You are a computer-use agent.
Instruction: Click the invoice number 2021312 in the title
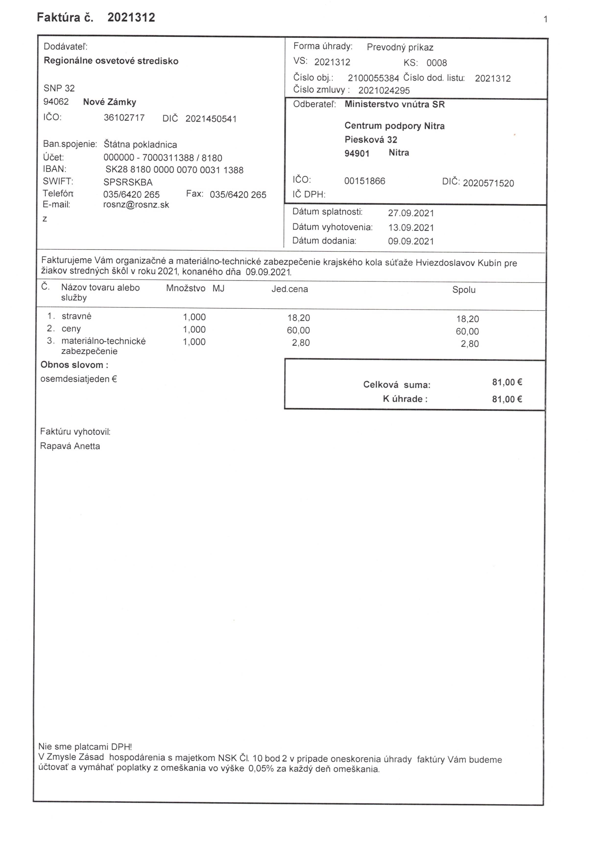pyautogui.click(x=131, y=17)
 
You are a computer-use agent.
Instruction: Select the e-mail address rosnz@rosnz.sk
pyautogui.click(x=136, y=205)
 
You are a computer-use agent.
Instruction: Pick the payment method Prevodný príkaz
pyautogui.click(x=400, y=47)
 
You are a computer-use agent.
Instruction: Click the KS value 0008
pyautogui.click(x=436, y=63)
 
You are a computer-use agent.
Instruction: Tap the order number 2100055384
pyautogui.click(x=373, y=78)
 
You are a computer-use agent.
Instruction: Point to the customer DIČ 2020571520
pyautogui.click(x=488, y=183)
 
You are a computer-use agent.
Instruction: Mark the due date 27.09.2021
pyautogui.click(x=411, y=213)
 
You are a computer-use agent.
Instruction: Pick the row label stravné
pyautogui.click(x=76, y=316)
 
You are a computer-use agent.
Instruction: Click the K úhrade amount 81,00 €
pyautogui.click(x=507, y=399)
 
